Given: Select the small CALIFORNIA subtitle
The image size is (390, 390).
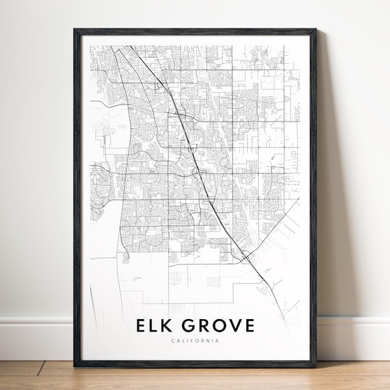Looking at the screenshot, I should coord(196,341).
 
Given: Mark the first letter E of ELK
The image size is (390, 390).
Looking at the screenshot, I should coord(142,326).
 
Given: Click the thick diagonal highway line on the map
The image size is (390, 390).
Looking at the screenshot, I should coord(195,156).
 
